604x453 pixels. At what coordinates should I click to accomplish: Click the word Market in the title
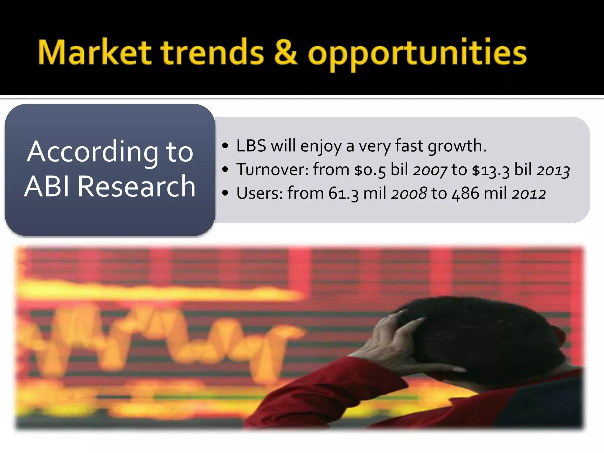94,53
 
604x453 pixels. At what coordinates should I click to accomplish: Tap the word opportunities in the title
417,55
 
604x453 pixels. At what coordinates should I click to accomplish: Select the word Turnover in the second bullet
272,170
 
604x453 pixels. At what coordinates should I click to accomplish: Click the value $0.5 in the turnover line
370,170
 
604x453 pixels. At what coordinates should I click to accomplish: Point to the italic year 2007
430,170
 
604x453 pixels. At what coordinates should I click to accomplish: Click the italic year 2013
553,170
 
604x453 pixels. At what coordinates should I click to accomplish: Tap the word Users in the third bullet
260,193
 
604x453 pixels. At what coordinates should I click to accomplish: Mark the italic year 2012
529,194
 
